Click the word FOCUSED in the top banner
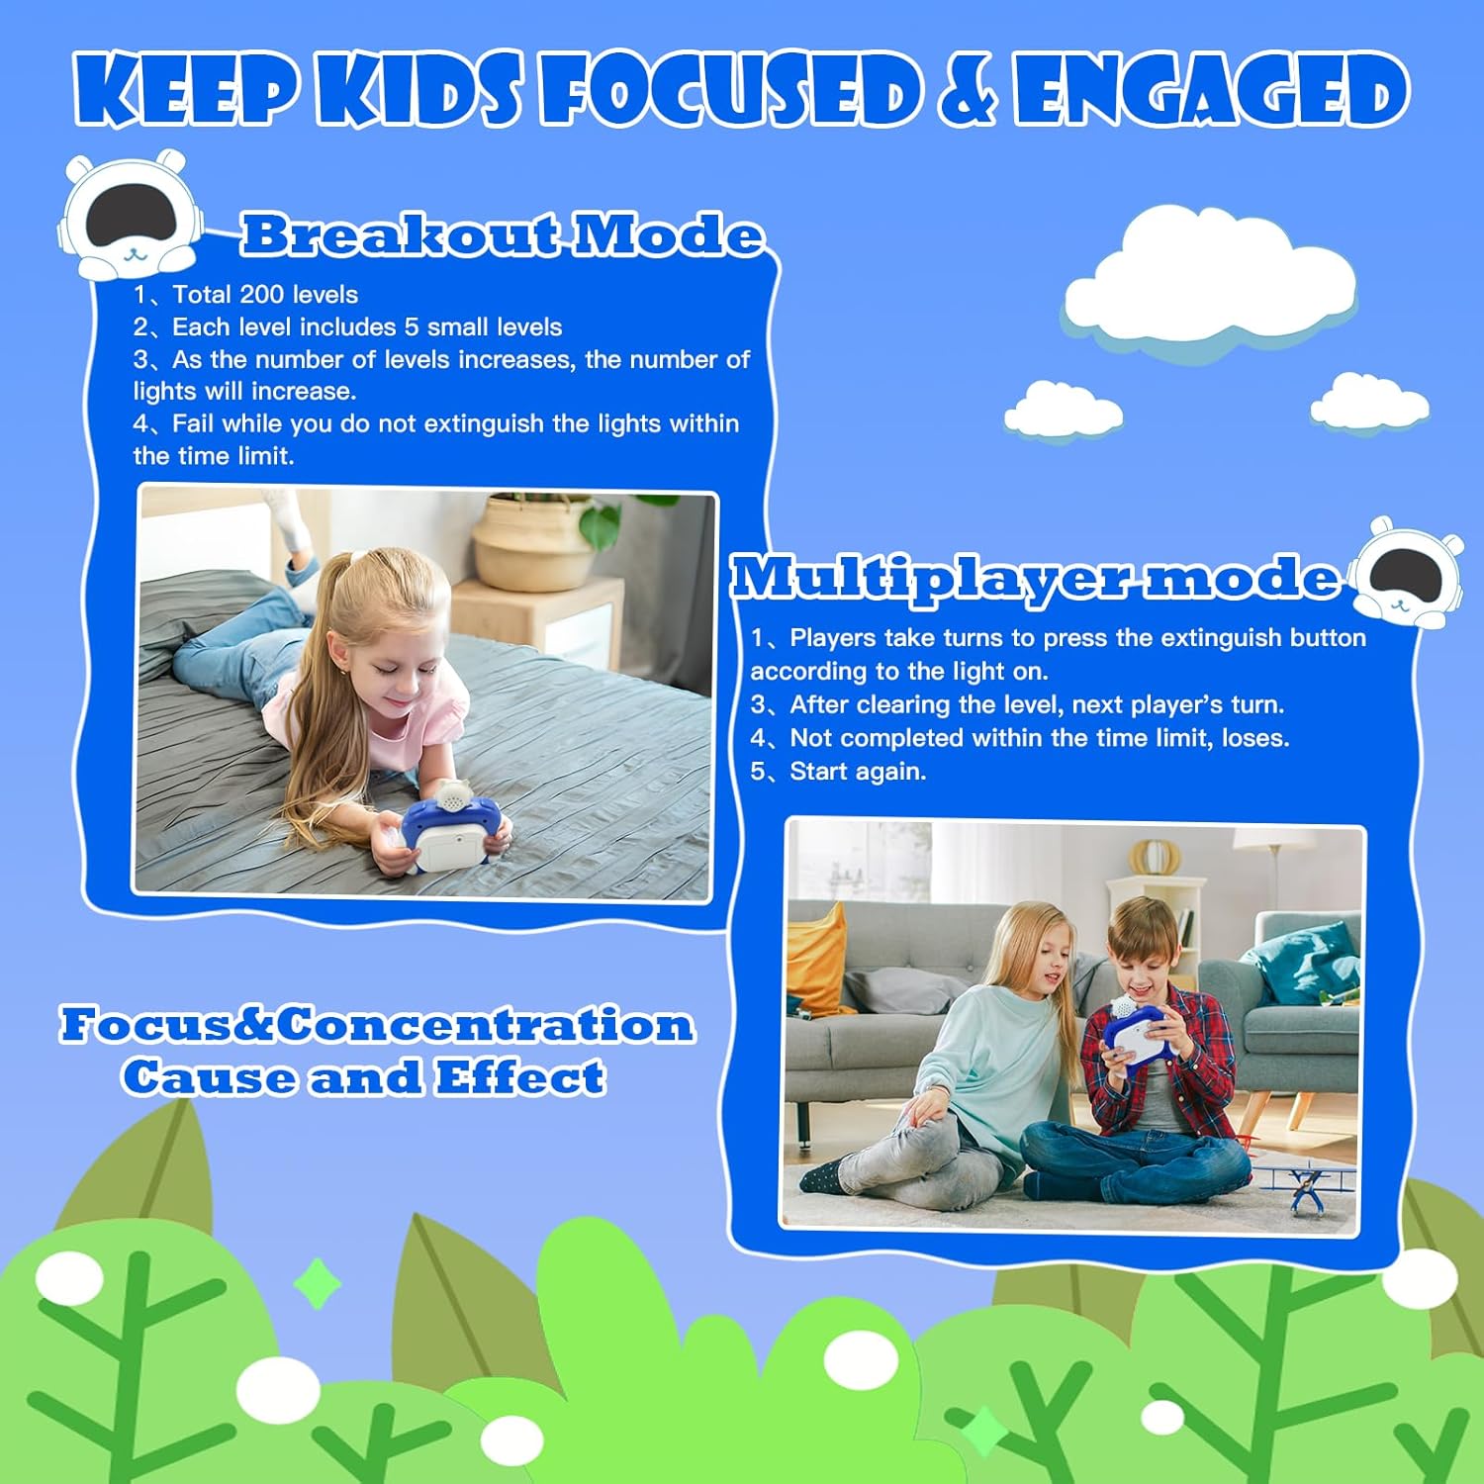tap(730, 91)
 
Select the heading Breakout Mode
tap(503, 235)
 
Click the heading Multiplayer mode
tap(1035, 577)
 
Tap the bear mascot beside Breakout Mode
tap(130, 214)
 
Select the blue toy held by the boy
tap(1139, 1035)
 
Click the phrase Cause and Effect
tap(363, 1076)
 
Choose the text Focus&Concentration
tap(377, 1024)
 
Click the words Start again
tap(858, 772)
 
